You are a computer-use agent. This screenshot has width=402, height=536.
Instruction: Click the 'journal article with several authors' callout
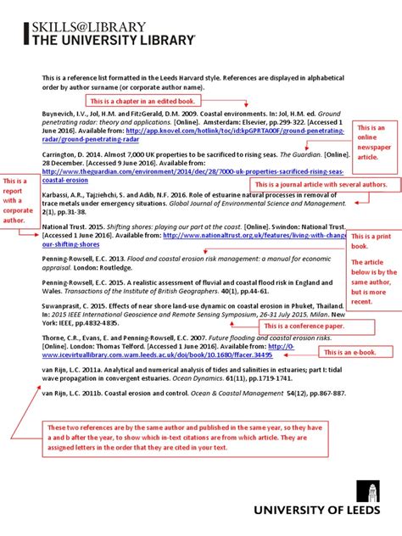[321, 184]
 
